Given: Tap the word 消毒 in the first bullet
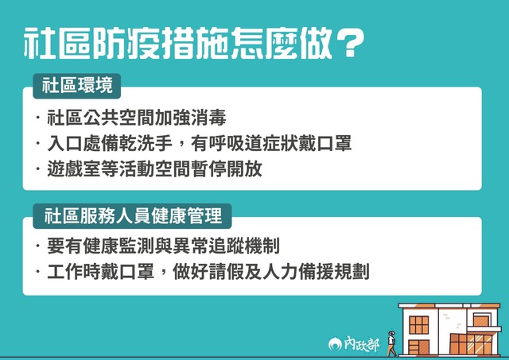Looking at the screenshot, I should (x=209, y=118).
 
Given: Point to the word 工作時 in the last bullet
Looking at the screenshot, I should (x=72, y=272).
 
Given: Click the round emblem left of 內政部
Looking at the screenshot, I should (x=335, y=344).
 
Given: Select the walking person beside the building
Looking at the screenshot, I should (x=391, y=342).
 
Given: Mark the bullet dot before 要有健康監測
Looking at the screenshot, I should (x=39, y=246).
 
